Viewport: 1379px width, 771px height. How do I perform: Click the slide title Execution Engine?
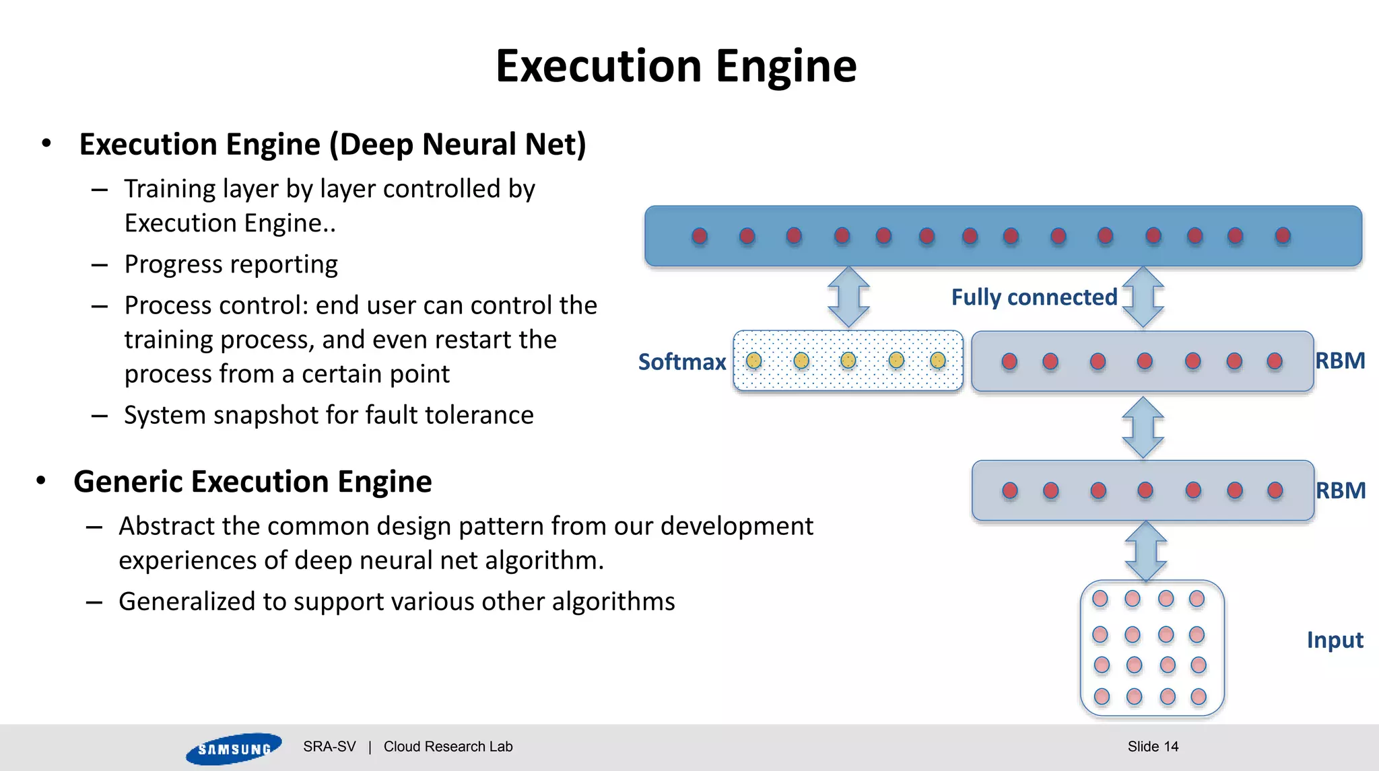tap(676, 67)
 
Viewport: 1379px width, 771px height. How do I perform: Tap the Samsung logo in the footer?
tap(233, 748)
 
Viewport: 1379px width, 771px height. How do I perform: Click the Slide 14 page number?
tap(1153, 746)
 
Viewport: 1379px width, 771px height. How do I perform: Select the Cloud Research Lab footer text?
tap(448, 746)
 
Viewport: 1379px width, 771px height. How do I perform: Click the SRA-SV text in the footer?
tap(329, 746)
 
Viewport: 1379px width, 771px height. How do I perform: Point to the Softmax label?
tap(681, 362)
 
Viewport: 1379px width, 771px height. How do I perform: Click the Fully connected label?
tap(1034, 297)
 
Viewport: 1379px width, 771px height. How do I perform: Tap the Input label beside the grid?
tap(1335, 640)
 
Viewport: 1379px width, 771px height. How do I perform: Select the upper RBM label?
tap(1340, 361)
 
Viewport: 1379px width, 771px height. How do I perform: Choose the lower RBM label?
tap(1340, 490)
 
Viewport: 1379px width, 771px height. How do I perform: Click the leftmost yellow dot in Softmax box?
tap(754, 361)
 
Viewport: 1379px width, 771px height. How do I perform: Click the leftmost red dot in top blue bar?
tap(700, 235)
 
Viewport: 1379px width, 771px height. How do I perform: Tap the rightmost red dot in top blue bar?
tap(1283, 235)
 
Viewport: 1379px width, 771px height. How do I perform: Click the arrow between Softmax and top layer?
tap(848, 297)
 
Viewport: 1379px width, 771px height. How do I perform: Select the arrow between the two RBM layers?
tap(1143, 427)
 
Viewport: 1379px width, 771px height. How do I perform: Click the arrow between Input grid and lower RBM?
tap(1145, 551)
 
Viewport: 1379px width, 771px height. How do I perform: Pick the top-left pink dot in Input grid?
tap(1100, 598)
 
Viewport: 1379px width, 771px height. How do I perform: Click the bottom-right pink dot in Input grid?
tap(1199, 696)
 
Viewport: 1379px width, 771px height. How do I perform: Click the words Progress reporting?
tap(231, 264)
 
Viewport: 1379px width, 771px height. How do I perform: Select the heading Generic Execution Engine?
tap(253, 482)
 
